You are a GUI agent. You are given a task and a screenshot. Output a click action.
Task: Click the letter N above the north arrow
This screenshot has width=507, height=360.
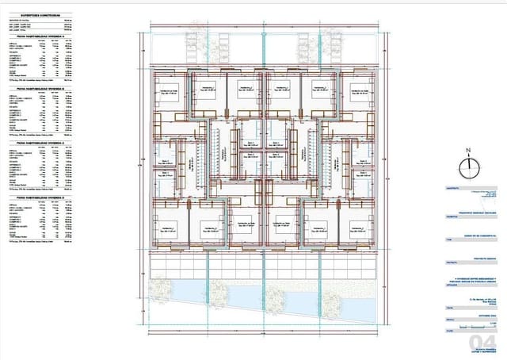pyautogui.click(x=468, y=150)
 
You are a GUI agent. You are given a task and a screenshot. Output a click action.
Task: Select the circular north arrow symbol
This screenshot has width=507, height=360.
pyautogui.click(x=468, y=165)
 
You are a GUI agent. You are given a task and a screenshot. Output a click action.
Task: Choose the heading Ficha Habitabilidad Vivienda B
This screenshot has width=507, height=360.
pyautogui.click(x=40, y=88)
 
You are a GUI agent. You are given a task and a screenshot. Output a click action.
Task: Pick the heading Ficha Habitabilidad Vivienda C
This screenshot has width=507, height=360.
pyautogui.click(x=40, y=143)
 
